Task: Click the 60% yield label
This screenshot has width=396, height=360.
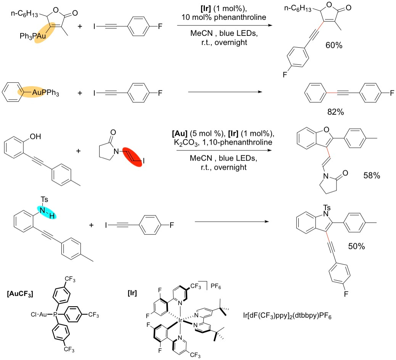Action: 334,45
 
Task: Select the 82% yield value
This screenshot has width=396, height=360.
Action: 335,112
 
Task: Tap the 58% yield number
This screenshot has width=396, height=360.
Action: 372,175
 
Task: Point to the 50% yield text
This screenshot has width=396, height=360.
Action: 356,246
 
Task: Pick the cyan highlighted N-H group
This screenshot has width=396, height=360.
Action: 47,212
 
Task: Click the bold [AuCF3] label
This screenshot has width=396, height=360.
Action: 20,294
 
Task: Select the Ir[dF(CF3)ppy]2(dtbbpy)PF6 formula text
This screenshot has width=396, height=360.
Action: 287,315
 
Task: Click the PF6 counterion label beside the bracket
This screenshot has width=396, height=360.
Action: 216,286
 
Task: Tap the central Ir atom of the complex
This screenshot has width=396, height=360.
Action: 180,320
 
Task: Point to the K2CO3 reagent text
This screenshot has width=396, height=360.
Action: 187,143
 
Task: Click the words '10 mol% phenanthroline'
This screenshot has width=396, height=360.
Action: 224,17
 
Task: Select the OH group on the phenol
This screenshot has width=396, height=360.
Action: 35,137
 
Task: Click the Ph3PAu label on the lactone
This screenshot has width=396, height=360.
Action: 33,36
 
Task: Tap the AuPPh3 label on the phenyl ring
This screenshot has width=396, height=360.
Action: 45,93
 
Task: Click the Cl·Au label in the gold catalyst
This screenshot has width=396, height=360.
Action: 39,315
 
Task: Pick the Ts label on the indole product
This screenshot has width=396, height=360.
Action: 327,208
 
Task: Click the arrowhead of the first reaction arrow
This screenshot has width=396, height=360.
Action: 270,25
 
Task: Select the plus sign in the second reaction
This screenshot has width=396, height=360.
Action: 80,93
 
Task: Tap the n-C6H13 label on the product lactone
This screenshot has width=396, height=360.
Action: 298,8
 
